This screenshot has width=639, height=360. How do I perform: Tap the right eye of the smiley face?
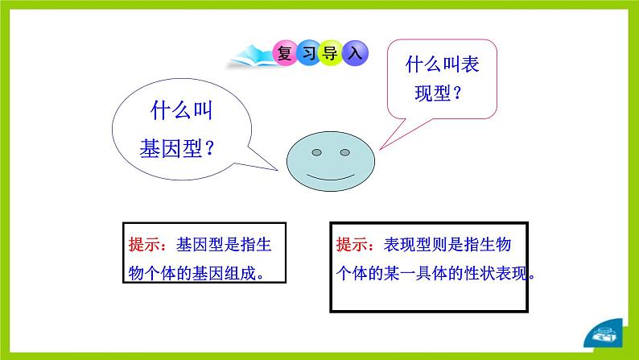(x=344, y=151)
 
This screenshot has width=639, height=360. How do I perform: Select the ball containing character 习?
(x=307, y=54)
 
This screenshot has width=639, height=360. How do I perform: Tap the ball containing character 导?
(x=331, y=54)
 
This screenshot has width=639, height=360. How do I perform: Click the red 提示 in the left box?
(x=146, y=245)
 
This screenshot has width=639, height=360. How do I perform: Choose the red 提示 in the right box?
(x=352, y=245)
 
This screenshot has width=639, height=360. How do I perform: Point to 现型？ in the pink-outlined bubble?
(x=439, y=93)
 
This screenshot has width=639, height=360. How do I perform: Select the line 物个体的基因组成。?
(x=196, y=272)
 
